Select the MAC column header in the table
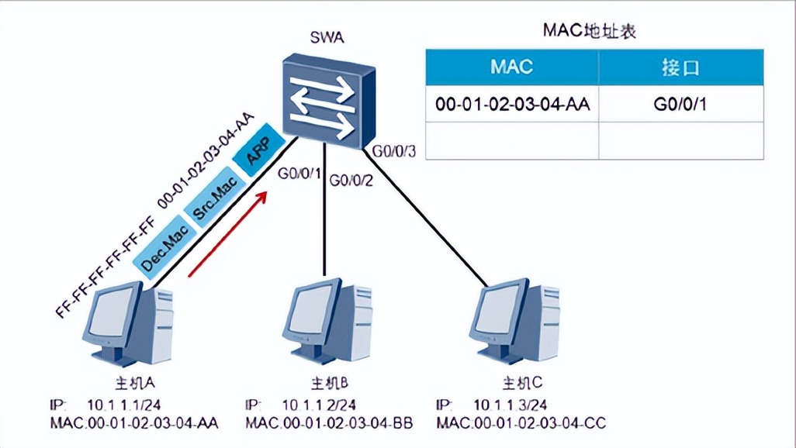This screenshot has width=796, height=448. (512, 67)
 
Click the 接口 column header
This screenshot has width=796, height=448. (680, 67)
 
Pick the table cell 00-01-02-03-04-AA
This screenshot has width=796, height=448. (513, 104)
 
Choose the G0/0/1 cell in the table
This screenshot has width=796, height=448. (680, 104)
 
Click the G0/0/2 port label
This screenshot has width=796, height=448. (351, 181)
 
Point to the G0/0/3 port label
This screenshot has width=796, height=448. (394, 150)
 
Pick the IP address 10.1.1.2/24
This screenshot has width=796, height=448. (319, 405)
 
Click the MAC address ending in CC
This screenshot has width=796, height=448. (521, 423)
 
